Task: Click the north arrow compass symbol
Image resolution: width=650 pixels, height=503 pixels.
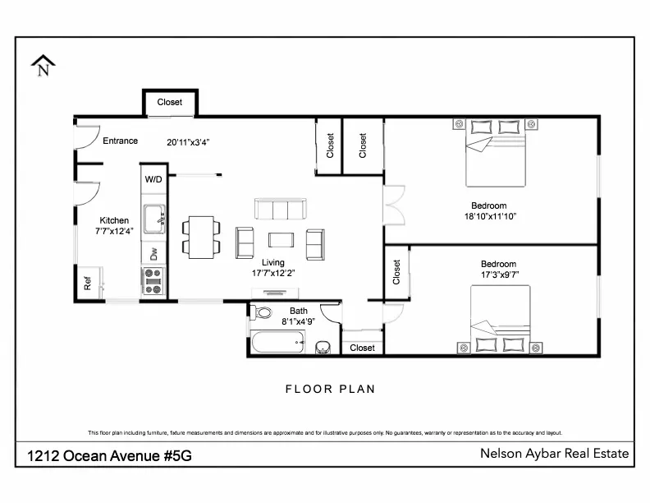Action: click(43, 65)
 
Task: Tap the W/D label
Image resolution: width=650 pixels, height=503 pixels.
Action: click(153, 179)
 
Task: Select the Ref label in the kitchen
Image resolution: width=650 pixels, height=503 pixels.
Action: click(87, 284)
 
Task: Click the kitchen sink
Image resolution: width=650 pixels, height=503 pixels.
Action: click(153, 219)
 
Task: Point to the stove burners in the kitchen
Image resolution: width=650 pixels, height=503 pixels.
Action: click(153, 281)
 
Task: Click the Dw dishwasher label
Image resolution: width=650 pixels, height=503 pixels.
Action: click(153, 254)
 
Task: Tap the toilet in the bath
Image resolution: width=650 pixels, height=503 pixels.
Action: click(263, 313)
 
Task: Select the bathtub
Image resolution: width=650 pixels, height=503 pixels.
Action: click(278, 342)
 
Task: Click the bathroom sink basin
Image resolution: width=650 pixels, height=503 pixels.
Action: click(323, 347)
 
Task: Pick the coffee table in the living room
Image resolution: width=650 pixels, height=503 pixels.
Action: click(281, 240)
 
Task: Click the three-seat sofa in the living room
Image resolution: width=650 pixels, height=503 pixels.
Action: click(280, 210)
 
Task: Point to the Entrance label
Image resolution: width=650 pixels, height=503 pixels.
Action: click(120, 141)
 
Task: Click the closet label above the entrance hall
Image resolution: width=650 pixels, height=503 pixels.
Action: click(170, 103)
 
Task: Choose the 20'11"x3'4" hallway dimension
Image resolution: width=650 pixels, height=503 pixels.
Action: click(189, 141)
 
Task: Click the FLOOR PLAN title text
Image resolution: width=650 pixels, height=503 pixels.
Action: click(330, 389)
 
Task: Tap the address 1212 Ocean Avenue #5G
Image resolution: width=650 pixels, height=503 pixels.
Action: click(110, 455)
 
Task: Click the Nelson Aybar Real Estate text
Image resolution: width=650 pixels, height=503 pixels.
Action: click(554, 454)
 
